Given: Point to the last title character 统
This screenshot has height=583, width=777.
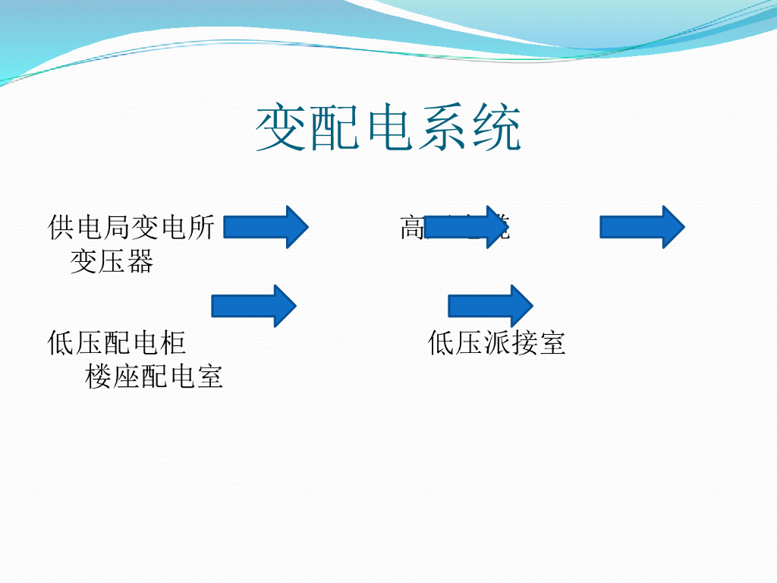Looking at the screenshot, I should point(497,129).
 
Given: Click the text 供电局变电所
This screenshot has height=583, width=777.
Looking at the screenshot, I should point(131,227).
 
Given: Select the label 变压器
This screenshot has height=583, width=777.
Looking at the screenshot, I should point(112,261).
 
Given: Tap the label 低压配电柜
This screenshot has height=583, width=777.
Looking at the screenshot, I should point(117,343).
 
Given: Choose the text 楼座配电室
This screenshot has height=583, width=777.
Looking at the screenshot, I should point(154,377).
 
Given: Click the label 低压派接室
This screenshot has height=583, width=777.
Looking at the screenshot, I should point(497,343).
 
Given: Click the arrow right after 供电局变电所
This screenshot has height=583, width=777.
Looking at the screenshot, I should point(266,226).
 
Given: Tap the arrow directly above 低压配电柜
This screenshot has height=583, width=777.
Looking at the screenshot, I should point(253,306).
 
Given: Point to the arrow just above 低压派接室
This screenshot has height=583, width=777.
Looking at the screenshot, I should point(491,306).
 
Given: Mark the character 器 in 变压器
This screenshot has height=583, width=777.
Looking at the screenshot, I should point(140,261).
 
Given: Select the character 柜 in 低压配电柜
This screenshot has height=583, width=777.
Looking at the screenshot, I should point(173,343).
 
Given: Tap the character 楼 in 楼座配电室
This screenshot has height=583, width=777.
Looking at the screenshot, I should point(99,377).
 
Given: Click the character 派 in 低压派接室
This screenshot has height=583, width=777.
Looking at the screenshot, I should point(497,343).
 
